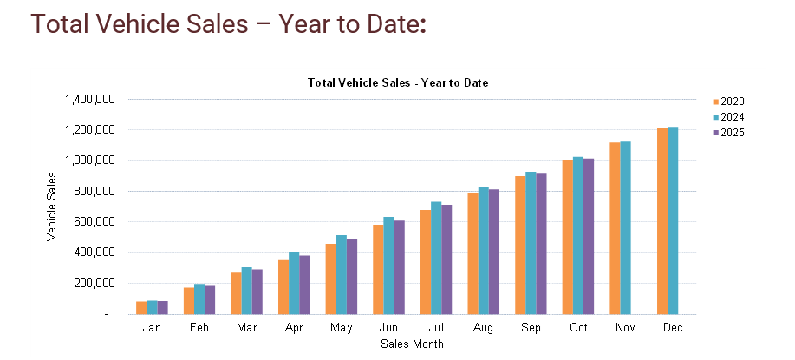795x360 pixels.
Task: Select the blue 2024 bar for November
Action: point(625,227)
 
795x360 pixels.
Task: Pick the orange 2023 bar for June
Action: point(378,269)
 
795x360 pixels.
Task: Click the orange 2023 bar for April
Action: point(283,286)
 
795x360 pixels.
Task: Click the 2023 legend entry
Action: point(727,101)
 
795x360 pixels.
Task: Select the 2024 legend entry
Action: point(727,117)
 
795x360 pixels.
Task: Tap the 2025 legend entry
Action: point(727,133)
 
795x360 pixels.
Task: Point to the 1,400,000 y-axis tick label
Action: point(90,99)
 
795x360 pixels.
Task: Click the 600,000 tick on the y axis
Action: point(94,222)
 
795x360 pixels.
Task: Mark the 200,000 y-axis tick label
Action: point(94,283)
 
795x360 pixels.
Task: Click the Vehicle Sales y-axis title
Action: point(52,206)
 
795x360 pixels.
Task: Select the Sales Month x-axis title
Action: point(413,344)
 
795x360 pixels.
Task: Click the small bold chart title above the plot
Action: point(398,82)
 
